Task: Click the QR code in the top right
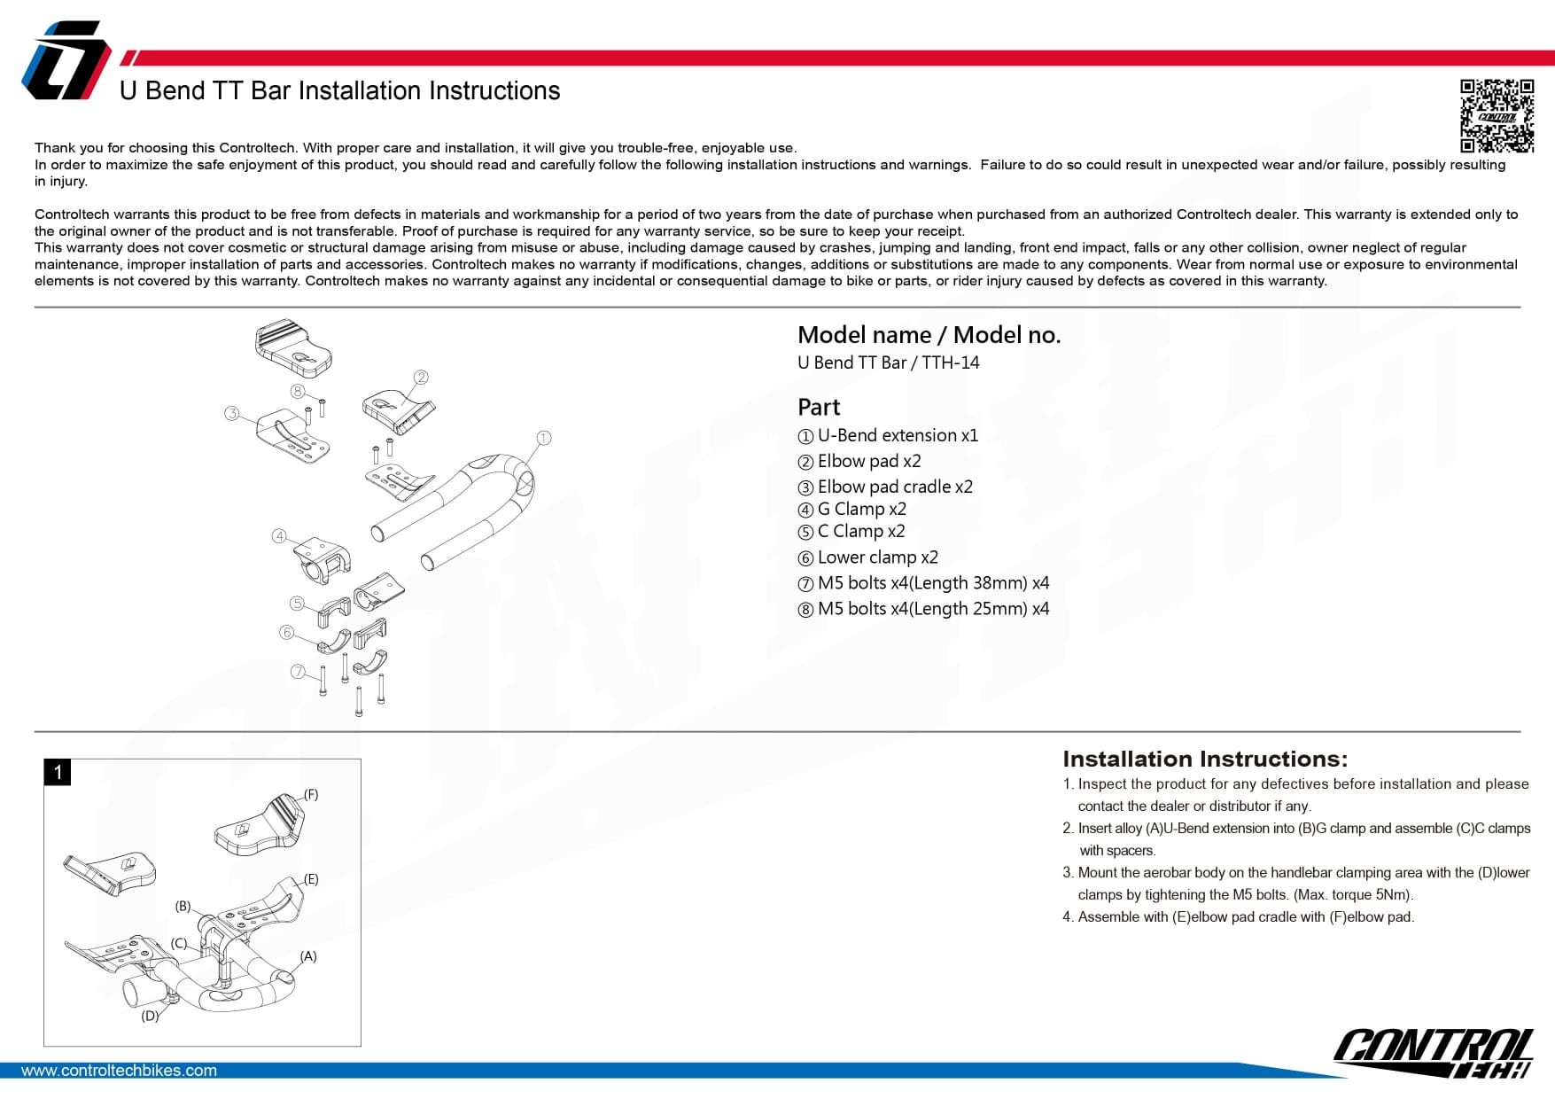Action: pos(1497,116)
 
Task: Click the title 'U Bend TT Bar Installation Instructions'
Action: pos(339,91)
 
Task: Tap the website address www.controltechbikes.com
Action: pos(119,1071)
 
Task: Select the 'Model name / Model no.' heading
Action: pos(929,335)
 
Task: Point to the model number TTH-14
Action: pos(951,362)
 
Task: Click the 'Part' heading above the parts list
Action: pos(819,408)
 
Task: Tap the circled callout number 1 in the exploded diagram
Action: pos(544,438)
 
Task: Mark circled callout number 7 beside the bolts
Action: pos(298,672)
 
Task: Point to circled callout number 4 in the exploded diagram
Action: pos(279,536)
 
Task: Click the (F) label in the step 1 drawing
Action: pos(311,794)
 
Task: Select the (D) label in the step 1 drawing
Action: pos(150,1016)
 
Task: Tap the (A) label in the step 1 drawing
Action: pos(308,956)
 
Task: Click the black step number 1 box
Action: pos(58,772)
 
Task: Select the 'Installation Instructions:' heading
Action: pos(1205,760)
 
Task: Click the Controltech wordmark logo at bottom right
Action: pos(1433,1052)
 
